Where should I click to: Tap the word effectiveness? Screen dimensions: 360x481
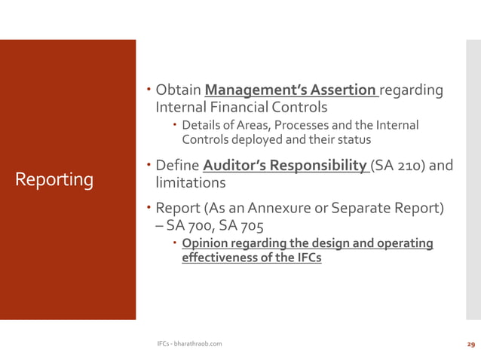pos(219,258)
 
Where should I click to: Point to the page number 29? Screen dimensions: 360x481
pos(471,344)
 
